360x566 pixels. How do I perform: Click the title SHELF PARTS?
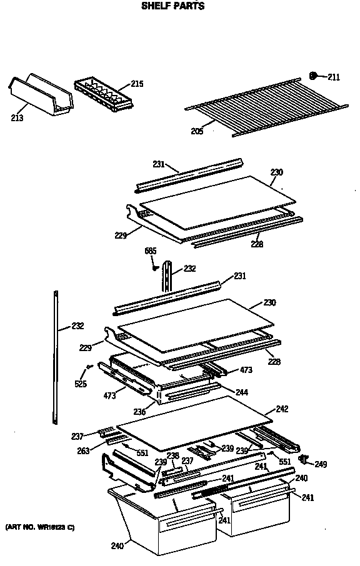tap(172, 6)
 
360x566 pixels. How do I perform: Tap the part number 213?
tap(17, 117)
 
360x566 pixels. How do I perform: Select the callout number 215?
tap(137, 84)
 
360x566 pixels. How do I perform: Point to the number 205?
tap(196, 131)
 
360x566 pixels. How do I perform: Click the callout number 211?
tap(333, 77)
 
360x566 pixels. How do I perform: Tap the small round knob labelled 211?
tap(314, 76)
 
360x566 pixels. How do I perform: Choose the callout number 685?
tap(151, 251)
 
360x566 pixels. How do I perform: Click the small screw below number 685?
tap(153, 267)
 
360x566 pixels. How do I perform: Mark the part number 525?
tap(81, 384)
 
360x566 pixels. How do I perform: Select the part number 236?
tap(140, 412)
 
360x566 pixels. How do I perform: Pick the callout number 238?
tap(172, 455)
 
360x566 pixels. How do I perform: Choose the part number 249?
tap(321, 464)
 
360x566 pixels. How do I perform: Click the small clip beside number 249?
tap(304, 460)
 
